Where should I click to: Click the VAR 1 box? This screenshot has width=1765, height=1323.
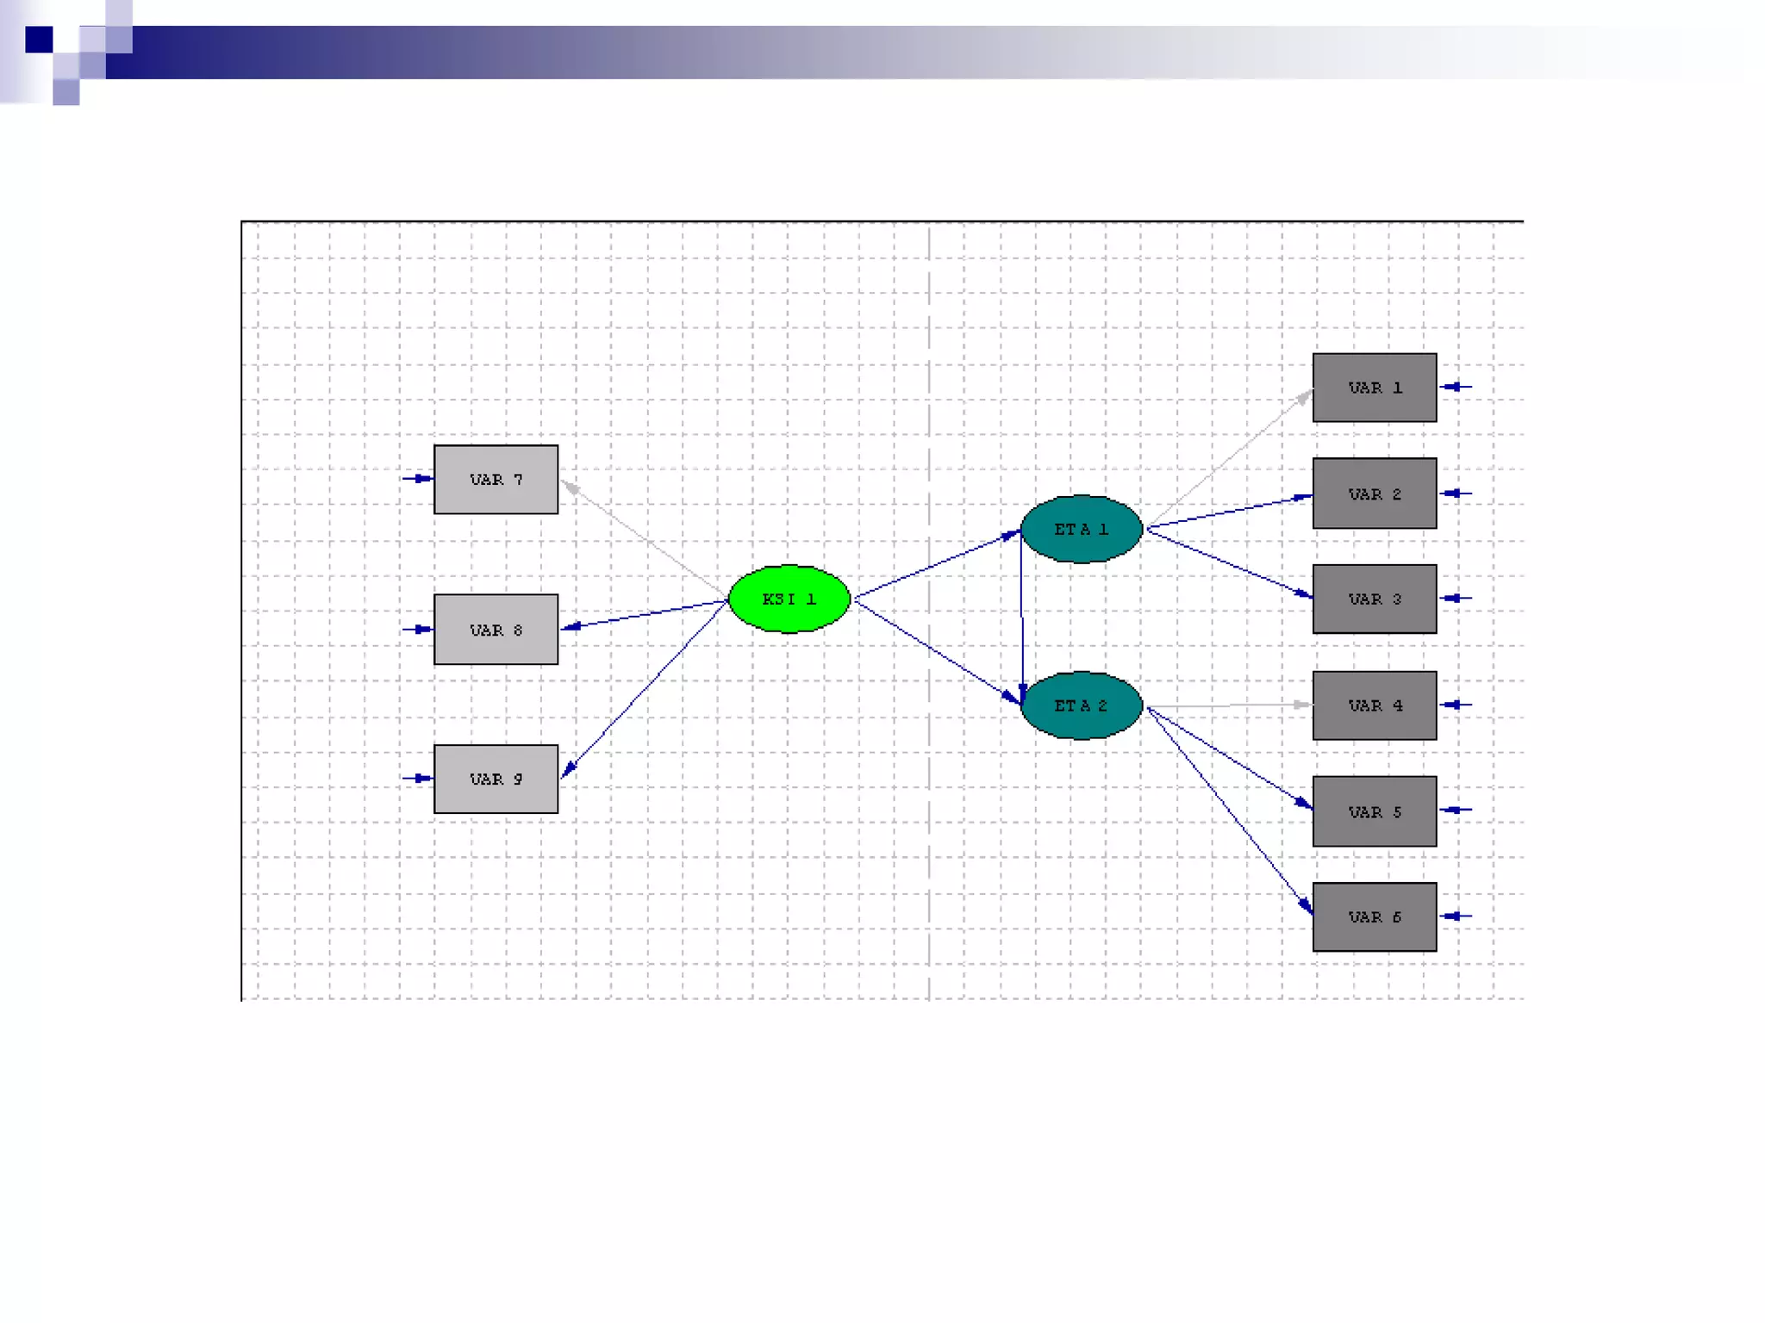pos(1374,388)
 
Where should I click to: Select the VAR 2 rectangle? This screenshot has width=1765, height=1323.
pos(1374,494)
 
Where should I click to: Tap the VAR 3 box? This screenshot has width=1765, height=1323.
pos(1374,599)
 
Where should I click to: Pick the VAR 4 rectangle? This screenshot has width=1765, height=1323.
pos(1374,705)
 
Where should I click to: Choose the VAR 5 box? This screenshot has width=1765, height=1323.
pos(1374,811)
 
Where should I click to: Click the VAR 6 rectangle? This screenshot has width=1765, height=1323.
pos(1374,917)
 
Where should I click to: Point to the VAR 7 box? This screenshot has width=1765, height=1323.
pos(496,480)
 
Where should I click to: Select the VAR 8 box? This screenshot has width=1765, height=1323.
pos(496,630)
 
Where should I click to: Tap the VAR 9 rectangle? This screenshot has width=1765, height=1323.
pos(496,779)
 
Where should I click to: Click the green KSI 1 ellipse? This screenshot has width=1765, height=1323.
pos(789,599)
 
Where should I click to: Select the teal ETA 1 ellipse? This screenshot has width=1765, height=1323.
pos(1081,529)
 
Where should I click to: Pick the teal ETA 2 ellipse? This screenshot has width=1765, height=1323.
pos(1081,705)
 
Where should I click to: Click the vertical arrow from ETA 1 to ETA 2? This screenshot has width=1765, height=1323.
pos(1022,616)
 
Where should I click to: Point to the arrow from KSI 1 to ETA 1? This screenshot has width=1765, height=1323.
pos(937,565)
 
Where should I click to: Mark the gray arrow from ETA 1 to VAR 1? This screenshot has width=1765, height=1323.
pos(1230,458)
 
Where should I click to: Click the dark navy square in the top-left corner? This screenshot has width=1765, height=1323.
pos(39,40)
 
